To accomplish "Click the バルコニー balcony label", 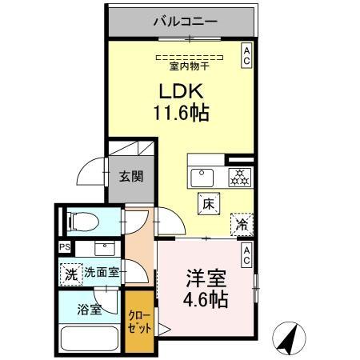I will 185,21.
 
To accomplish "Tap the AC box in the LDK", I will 246,54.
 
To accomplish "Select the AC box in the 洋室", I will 246,254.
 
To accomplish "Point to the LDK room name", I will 186,91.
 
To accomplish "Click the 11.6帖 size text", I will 181,113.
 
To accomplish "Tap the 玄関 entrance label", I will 131,177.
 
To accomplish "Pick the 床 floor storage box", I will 206,205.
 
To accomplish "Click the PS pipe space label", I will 64,248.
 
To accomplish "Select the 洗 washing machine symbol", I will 71,272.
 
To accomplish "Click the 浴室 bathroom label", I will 90,310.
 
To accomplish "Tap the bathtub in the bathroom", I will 88,338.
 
